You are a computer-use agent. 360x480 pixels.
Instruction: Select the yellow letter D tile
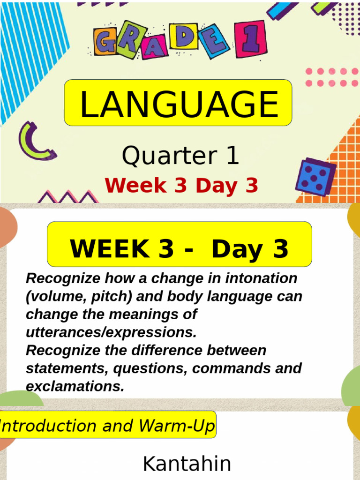183,36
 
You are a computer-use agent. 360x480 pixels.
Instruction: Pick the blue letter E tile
214,41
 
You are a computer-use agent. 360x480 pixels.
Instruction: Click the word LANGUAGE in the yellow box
179,104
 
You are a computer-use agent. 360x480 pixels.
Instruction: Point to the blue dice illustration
315,177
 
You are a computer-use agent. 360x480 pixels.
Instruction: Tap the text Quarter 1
180,156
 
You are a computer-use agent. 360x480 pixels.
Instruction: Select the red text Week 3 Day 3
181,186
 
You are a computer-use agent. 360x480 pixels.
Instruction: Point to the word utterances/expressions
111,332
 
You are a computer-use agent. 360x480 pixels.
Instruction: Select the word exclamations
75,387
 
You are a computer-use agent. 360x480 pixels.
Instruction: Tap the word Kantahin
187,464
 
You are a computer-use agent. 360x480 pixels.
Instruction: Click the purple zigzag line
68,196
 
